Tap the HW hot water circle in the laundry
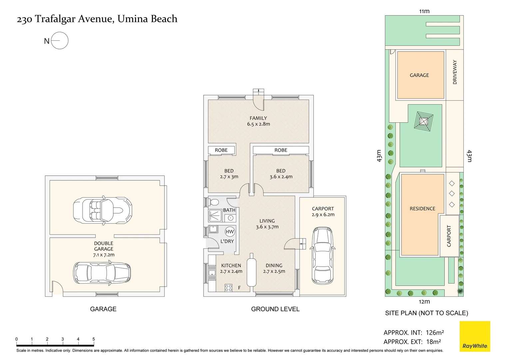(230, 232)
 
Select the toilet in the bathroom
(214, 202)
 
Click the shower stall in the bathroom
(215, 215)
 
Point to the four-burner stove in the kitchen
(229, 288)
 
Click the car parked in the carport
(323, 256)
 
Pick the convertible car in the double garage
(103, 210)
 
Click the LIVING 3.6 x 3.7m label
(267, 224)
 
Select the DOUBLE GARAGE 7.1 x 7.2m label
(104, 249)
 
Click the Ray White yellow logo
(475, 336)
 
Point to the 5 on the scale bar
(93, 339)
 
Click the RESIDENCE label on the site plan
(422, 209)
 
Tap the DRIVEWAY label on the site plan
(455, 72)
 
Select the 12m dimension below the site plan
(424, 302)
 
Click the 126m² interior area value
(435, 332)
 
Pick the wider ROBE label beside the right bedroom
(281, 150)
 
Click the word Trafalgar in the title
(55, 19)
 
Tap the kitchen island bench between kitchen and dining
(251, 270)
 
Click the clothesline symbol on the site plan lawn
(423, 121)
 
